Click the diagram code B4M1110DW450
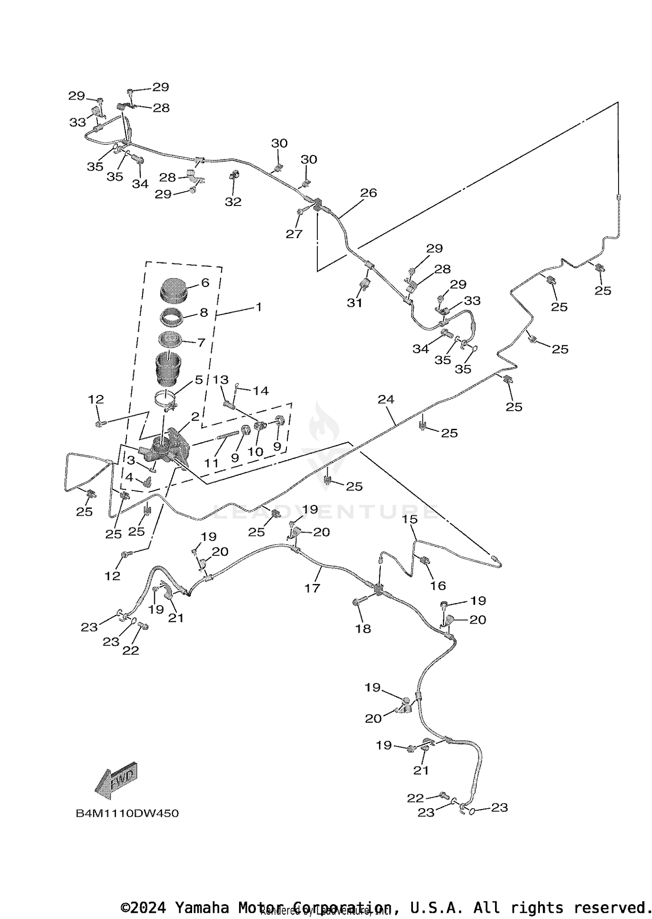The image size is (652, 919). (x=127, y=813)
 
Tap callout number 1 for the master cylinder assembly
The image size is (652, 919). (x=259, y=307)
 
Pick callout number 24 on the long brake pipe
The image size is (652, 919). (x=386, y=399)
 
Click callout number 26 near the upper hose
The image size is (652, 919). (x=369, y=192)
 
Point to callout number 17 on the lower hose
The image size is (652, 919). (x=312, y=588)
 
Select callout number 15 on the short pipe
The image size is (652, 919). (x=409, y=519)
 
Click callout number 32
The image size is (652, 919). (x=233, y=202)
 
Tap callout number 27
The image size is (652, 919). (x=294, y=234)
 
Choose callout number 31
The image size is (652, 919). (x=354, y=302)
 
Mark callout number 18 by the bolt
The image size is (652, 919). (x=363, y=628)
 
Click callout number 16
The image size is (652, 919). (x=438, y=586)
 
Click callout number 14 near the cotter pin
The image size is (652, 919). (x=261, y=391)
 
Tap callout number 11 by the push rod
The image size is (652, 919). (x=211, y=463)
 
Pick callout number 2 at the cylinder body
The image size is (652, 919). (x=195, y=417)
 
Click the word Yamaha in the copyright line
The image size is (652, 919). (x=201, y=907)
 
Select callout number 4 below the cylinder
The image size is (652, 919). (x=129, y=477)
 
